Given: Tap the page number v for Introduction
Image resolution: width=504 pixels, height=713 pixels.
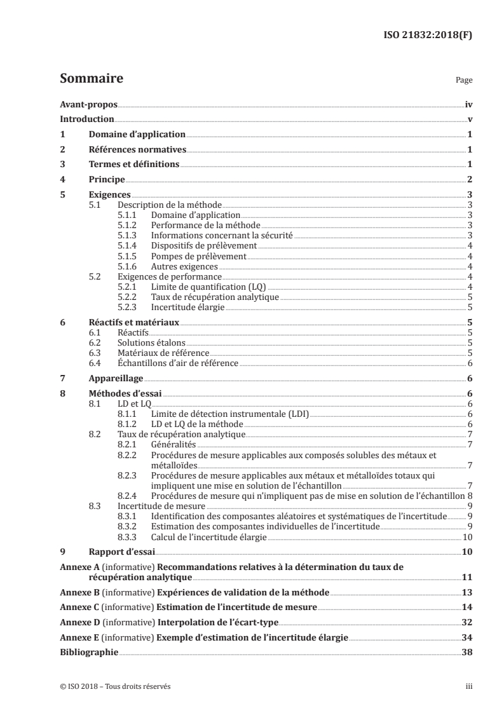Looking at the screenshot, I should pyautogui.click(x=468, y=119).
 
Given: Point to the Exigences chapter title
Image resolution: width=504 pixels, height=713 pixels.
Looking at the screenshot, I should pyautogui.click(x=109, y=195).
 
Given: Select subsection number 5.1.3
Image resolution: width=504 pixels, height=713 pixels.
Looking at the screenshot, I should pyautogui.click(x=128, y=234).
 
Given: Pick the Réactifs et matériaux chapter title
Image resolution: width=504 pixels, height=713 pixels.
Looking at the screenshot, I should pyautogui.click(x=133, y=323).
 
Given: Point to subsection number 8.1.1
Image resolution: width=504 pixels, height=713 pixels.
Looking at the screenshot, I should pyautogui.click(x=128, y=414).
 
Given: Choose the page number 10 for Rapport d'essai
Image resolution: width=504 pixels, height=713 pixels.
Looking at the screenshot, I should pyautogui.click(x=467, y=552).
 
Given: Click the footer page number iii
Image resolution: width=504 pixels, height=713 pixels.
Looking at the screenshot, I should pyautogui.click(x=468, y=686).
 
